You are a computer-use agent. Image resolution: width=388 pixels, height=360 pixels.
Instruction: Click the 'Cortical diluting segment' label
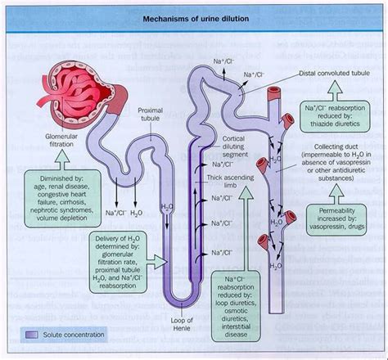(232, 144)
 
